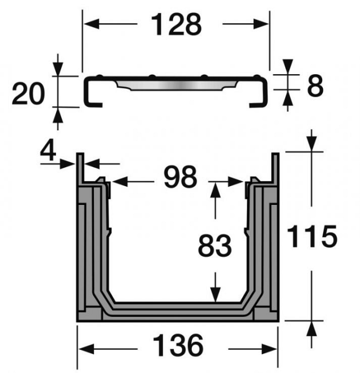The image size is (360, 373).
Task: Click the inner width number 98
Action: coord(180,178)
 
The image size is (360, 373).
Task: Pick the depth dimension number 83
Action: coord(215,246)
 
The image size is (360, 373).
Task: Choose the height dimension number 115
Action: coord(314,237)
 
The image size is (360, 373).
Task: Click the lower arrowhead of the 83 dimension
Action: coord(215,295)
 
